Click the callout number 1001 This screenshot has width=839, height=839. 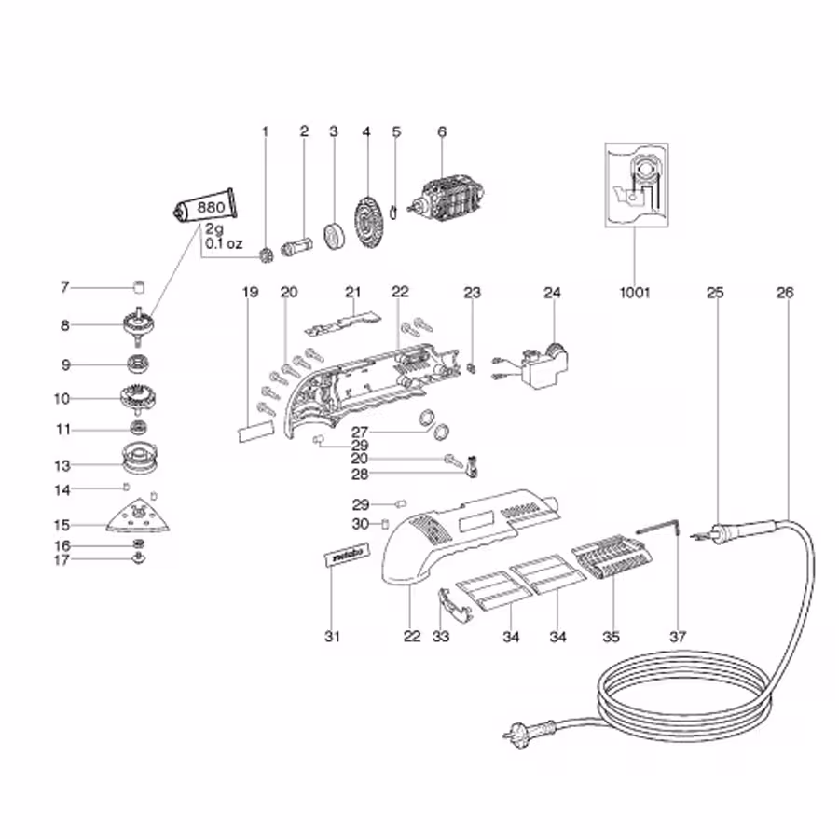click(634, 292)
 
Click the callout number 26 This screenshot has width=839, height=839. click(784, 292)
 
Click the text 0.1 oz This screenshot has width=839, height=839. click(224, 244)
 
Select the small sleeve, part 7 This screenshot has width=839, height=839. click(141, 286)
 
